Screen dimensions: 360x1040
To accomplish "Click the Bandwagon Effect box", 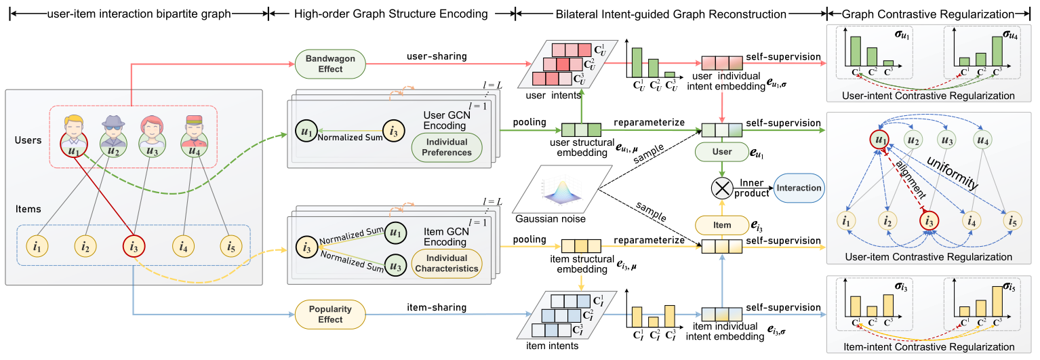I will [x=330, y=64].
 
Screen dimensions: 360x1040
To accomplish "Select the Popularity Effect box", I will [x=331, y=314].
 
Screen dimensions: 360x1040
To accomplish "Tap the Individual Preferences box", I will [x=446, y=147].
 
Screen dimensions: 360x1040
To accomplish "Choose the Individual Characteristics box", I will [x=447, y=263].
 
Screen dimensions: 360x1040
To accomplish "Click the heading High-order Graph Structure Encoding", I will [x=392, y=14].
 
